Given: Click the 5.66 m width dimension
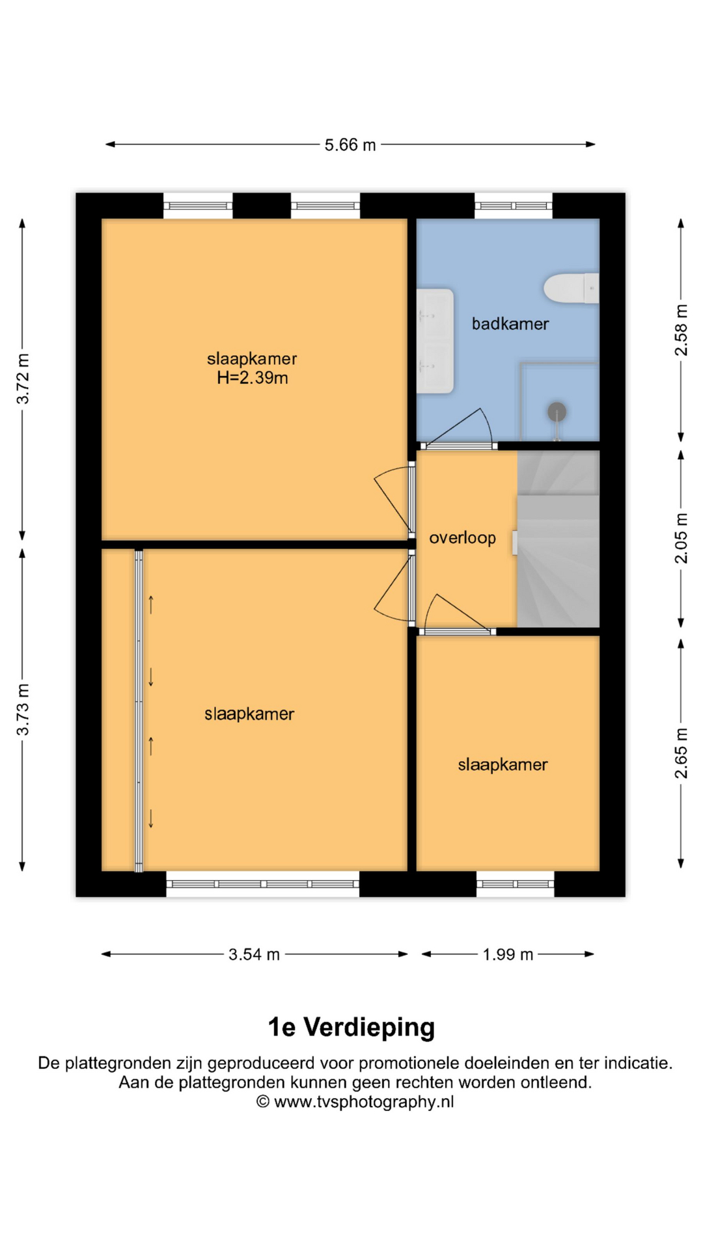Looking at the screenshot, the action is [350, 144].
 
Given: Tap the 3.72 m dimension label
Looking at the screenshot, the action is [23, 379].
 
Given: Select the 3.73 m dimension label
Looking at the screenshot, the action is [23, 710].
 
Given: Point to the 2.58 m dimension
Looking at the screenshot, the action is [681, 330].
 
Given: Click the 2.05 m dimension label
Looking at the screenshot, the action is [681, 539].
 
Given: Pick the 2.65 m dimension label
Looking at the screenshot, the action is [681, 753].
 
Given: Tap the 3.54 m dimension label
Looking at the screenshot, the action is [254, 954].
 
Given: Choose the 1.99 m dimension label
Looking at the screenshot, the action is [508, 954].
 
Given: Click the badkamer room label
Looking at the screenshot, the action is [510, 323].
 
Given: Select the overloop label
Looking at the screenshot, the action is [462, 538].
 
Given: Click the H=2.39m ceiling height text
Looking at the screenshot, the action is [253, 378].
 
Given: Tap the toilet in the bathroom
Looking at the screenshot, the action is [571, 288].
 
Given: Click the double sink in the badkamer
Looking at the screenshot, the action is [435, 341].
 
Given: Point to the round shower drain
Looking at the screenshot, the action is [557, 411].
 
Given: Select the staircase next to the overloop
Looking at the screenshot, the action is [558, 539].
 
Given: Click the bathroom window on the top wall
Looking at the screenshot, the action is [514, 206].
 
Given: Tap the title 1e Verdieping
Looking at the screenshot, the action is [351, 1027].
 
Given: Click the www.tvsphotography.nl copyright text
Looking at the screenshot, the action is [355, 1102].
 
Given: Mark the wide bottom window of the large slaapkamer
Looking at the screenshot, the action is [263, 884].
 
